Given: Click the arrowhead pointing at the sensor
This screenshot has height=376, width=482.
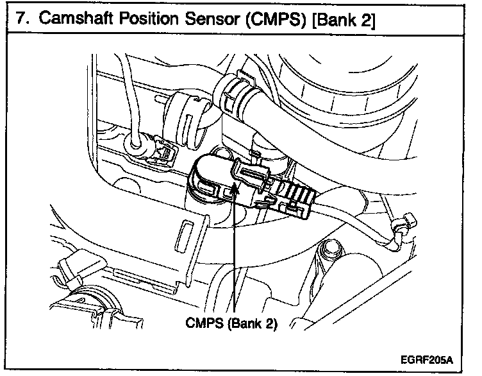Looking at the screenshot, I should (235, 188).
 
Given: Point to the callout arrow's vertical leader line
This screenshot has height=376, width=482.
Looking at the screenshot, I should (235, 257).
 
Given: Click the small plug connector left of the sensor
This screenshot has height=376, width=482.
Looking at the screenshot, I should (160, 149).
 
